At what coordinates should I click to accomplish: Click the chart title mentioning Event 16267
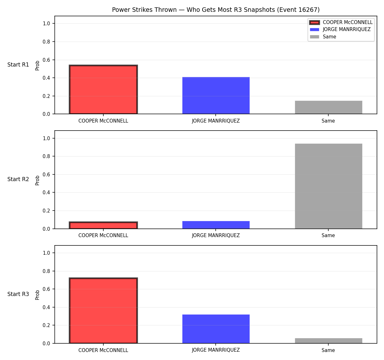216,10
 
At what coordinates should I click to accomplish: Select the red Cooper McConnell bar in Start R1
103,89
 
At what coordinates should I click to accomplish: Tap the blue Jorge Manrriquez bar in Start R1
216,96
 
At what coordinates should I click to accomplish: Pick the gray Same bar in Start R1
328,108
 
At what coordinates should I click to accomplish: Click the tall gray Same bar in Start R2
328,186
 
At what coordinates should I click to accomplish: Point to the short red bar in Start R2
103,225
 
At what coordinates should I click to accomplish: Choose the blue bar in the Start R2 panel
216,225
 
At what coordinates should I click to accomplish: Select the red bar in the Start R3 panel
103,310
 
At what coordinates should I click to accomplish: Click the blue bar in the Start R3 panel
216,329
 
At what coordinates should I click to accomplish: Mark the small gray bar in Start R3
328,341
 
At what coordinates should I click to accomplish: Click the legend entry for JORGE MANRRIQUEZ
340,29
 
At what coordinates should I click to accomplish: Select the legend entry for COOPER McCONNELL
341,22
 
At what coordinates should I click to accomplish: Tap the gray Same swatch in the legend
314,37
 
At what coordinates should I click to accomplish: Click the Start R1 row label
18,65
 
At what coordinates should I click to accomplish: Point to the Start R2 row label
18,179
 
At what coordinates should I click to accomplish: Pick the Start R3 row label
18,294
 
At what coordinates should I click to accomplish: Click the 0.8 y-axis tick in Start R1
46,42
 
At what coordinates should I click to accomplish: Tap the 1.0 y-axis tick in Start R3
46,253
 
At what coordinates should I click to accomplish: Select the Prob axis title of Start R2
37,180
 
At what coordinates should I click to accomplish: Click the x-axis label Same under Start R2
328,236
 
